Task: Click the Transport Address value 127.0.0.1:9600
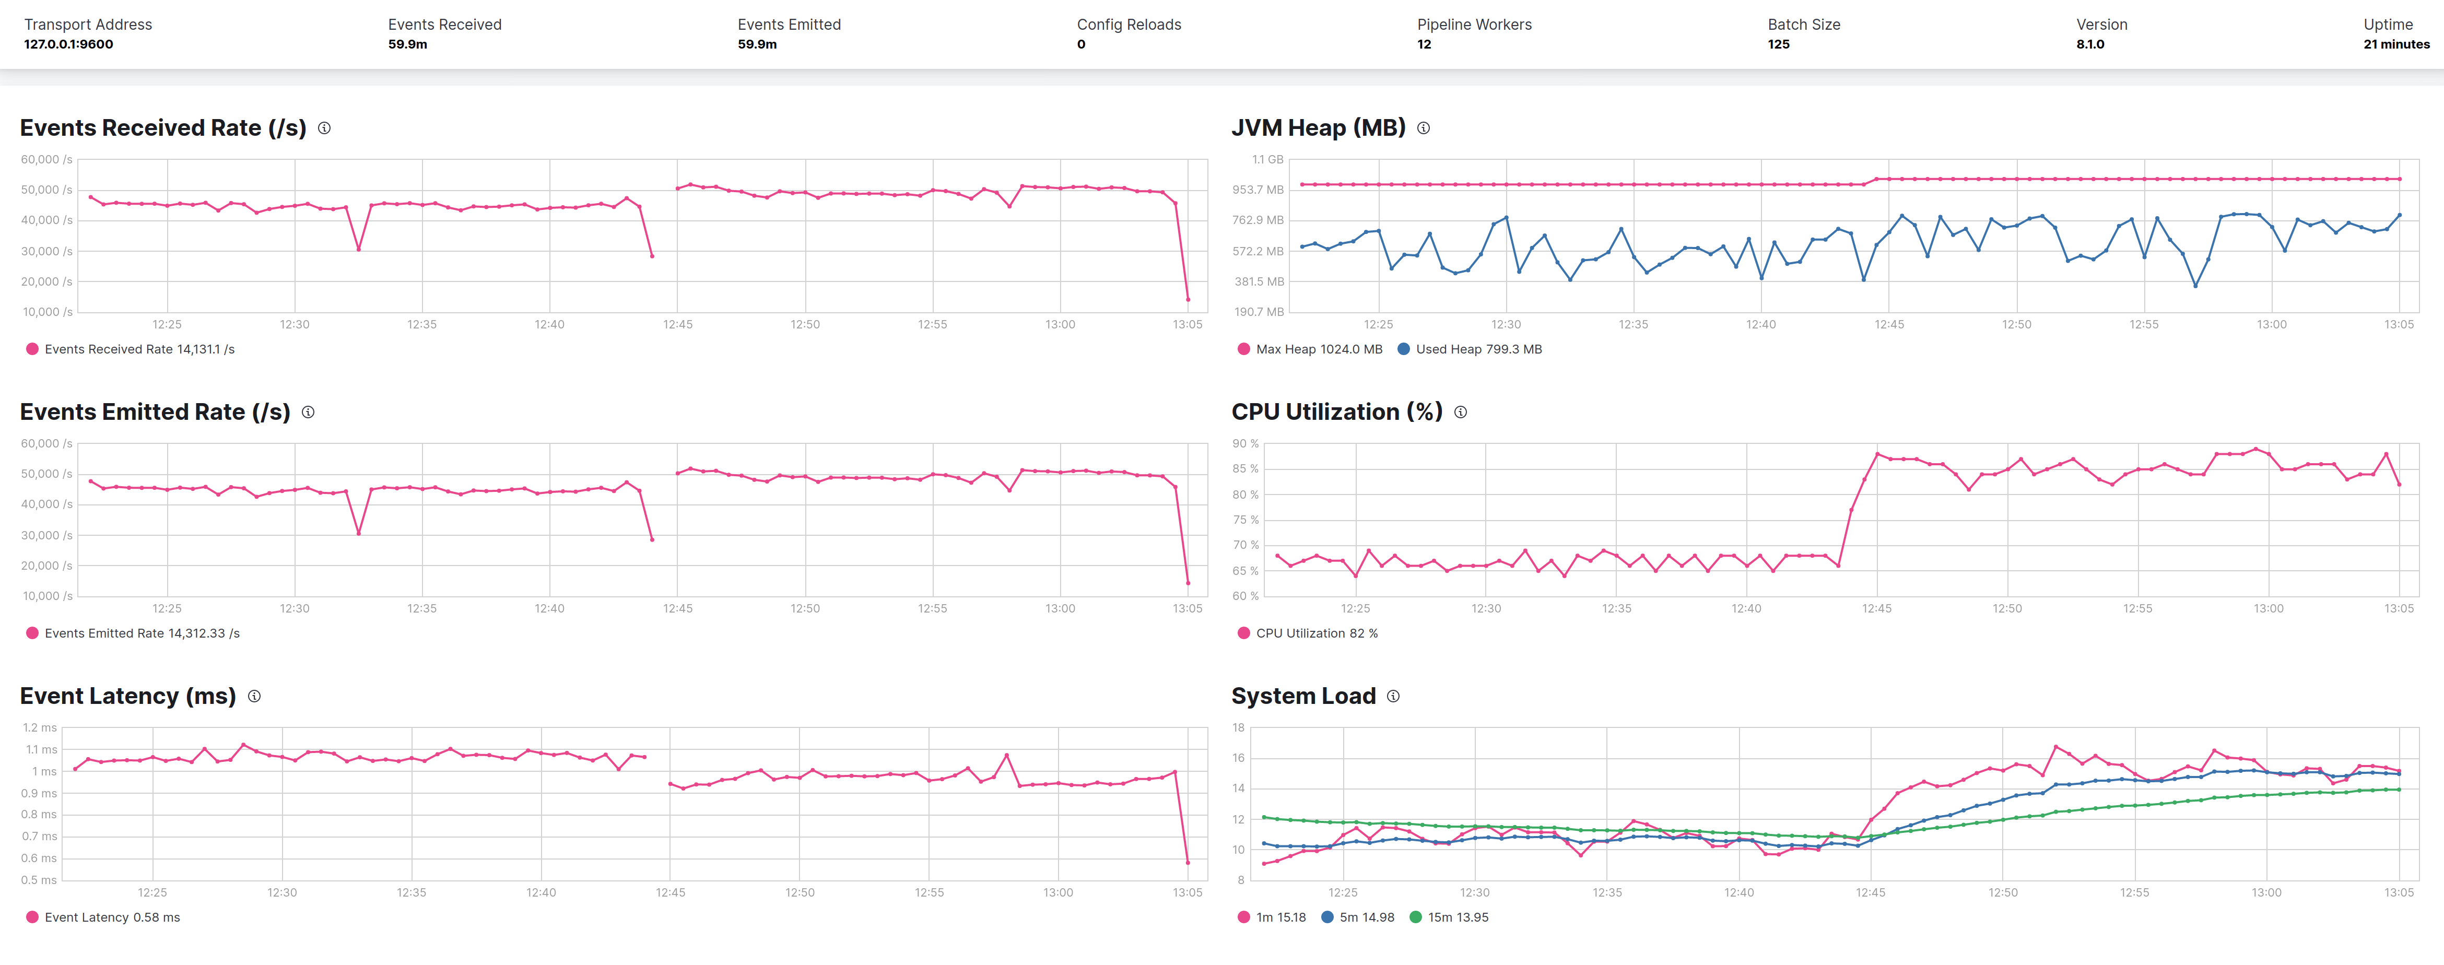click(68, 44)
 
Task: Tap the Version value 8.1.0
click(2089, 44)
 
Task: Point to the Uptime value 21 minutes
click(2395, 44)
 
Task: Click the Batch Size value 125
click(1778, 44)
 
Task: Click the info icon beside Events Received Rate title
click(324, 128)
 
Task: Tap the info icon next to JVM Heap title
click(1423, 128)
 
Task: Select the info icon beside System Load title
click(1393, 697)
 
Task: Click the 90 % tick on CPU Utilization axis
click(1245, 444)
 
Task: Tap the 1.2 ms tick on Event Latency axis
click(40, 728)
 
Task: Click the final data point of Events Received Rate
click(1188, 300)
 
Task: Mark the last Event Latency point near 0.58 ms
click(1188, 863)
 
